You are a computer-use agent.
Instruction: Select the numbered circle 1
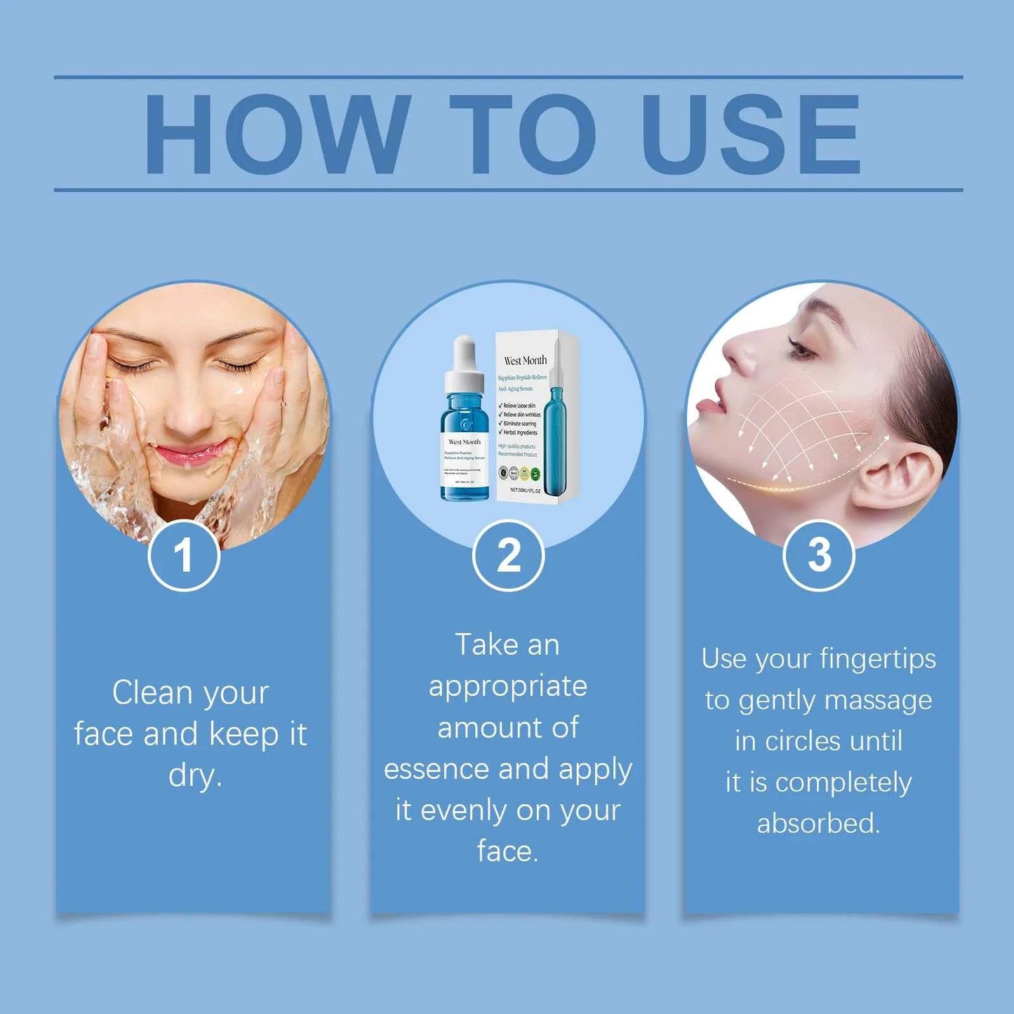pyautogui.click(x=184, y=556)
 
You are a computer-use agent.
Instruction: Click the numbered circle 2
pyautogui.click(x=508, y=556)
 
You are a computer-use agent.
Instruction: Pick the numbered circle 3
pyautogui.click(x=818, y=556)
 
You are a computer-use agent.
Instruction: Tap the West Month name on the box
pyautogui.click(x=525, y=360)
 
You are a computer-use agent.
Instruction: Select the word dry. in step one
pyautogui.click(x=195, y=776)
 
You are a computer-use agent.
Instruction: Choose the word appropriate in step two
pyautogui.click(x=508, y=686)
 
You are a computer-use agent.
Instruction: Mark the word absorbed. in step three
pyautogui.click(x=818, y=823)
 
